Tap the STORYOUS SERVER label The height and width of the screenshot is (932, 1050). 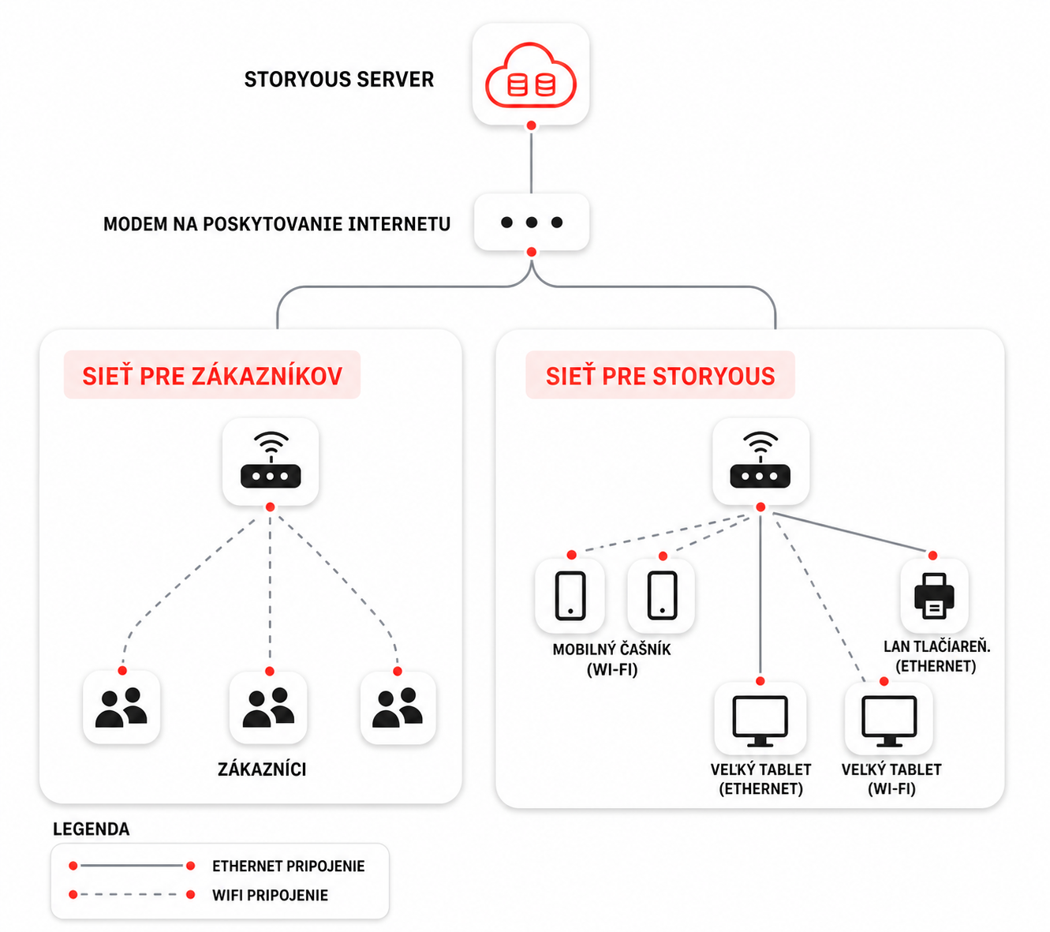point(339,79)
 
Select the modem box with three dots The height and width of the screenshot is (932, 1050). point(531,223)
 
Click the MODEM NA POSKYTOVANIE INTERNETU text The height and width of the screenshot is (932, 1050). point(277,224)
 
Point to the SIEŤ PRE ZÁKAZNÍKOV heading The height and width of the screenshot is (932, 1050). point(212,376)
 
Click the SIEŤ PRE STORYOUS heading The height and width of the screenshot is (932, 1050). point(660,376)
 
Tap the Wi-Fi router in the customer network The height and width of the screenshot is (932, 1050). point(271,460)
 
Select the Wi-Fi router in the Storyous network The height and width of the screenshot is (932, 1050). point(760,460)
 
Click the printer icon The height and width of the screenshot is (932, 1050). point(934,596)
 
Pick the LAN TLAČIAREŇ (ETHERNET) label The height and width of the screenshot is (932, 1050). point(936,657)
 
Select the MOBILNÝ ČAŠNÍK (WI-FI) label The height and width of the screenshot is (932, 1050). point(611,660)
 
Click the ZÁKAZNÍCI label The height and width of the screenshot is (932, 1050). point(262,769)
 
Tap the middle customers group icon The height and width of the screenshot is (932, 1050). point(268,707)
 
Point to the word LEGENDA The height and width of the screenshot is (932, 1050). point(92,829)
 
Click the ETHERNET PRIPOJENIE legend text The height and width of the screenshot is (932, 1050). point(288,866)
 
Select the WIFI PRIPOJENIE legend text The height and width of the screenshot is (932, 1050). point(270,895)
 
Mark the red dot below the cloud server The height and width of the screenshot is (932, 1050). point(531,125)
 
